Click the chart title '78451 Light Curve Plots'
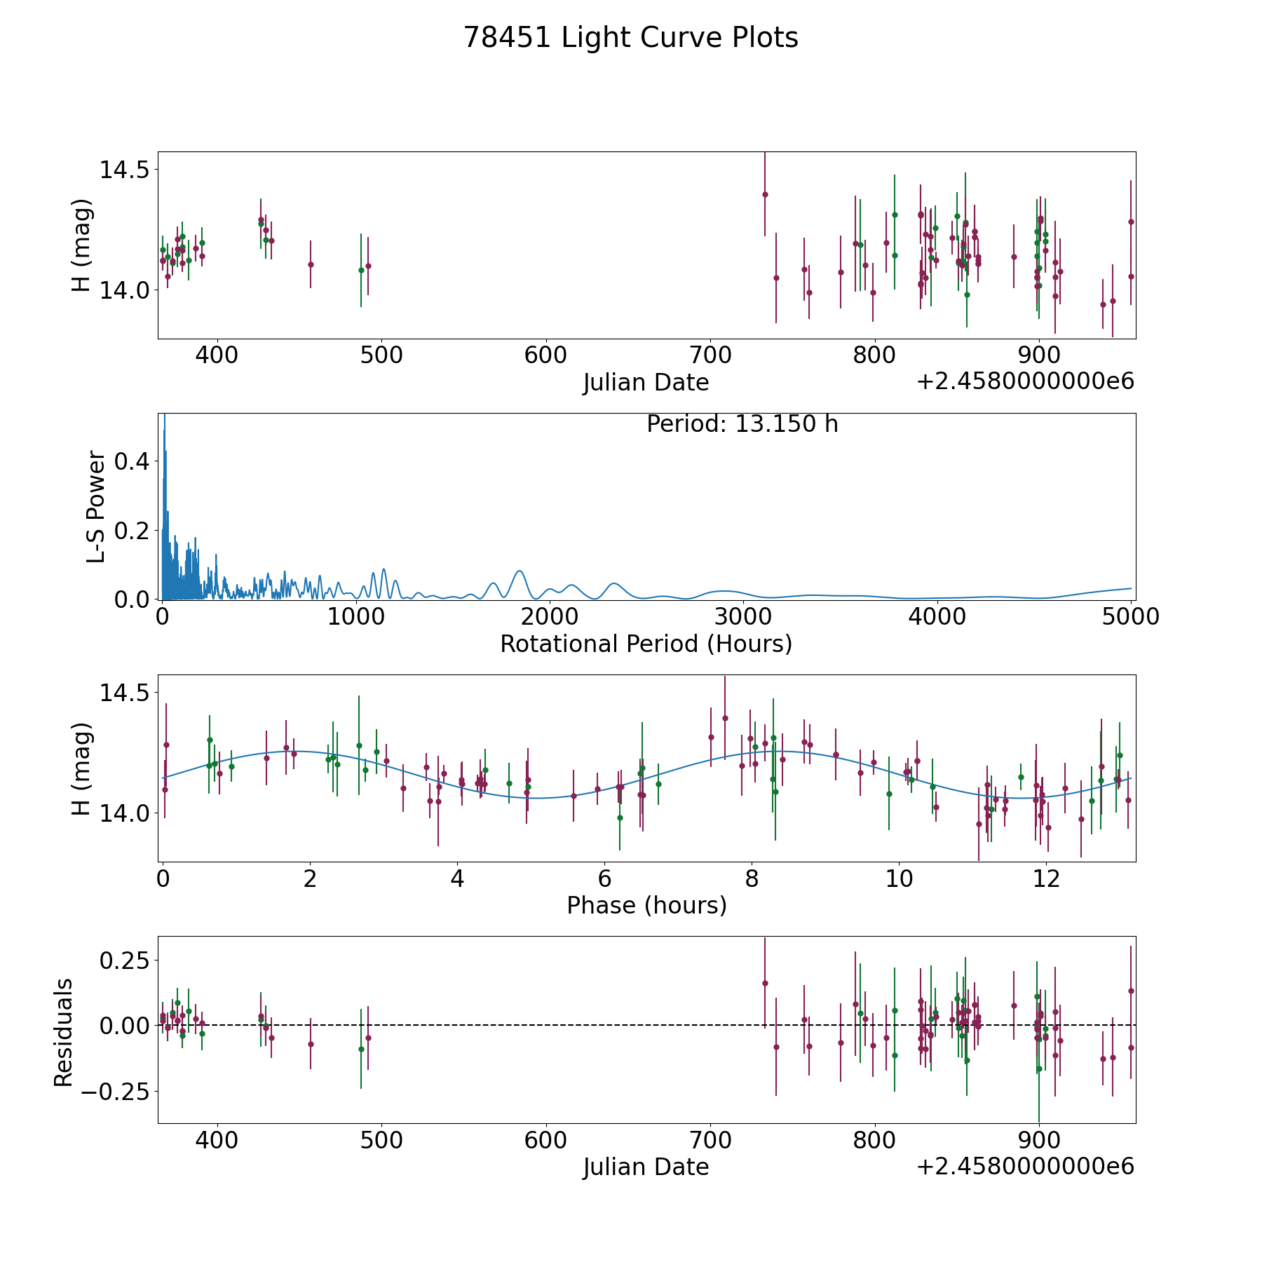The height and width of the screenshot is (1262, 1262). point(631,38)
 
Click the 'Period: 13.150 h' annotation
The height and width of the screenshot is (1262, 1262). point(742,424)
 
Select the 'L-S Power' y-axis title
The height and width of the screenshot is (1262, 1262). point(96,506)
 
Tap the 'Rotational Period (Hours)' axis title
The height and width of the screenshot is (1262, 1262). point(646,644)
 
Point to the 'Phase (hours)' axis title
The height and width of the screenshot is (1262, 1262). point(646,905)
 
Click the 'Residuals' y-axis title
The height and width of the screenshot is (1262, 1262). point(64,1032)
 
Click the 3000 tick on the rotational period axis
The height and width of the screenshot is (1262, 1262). point(743,616)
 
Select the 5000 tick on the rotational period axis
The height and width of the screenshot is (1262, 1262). point(1131,616)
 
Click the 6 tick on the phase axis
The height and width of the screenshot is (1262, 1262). point(604,878)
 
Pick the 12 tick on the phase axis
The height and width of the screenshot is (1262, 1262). point(1046,878)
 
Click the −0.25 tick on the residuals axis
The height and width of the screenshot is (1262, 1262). point(116,1091)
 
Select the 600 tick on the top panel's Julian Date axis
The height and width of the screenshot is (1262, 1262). point(545,355)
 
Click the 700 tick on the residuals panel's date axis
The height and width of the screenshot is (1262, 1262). point(710,1139)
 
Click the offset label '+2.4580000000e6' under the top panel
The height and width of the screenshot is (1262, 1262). point(1025,381)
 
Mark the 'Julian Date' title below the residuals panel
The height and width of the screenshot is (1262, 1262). point(646,1167)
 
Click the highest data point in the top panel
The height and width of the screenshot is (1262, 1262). point(765,194)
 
